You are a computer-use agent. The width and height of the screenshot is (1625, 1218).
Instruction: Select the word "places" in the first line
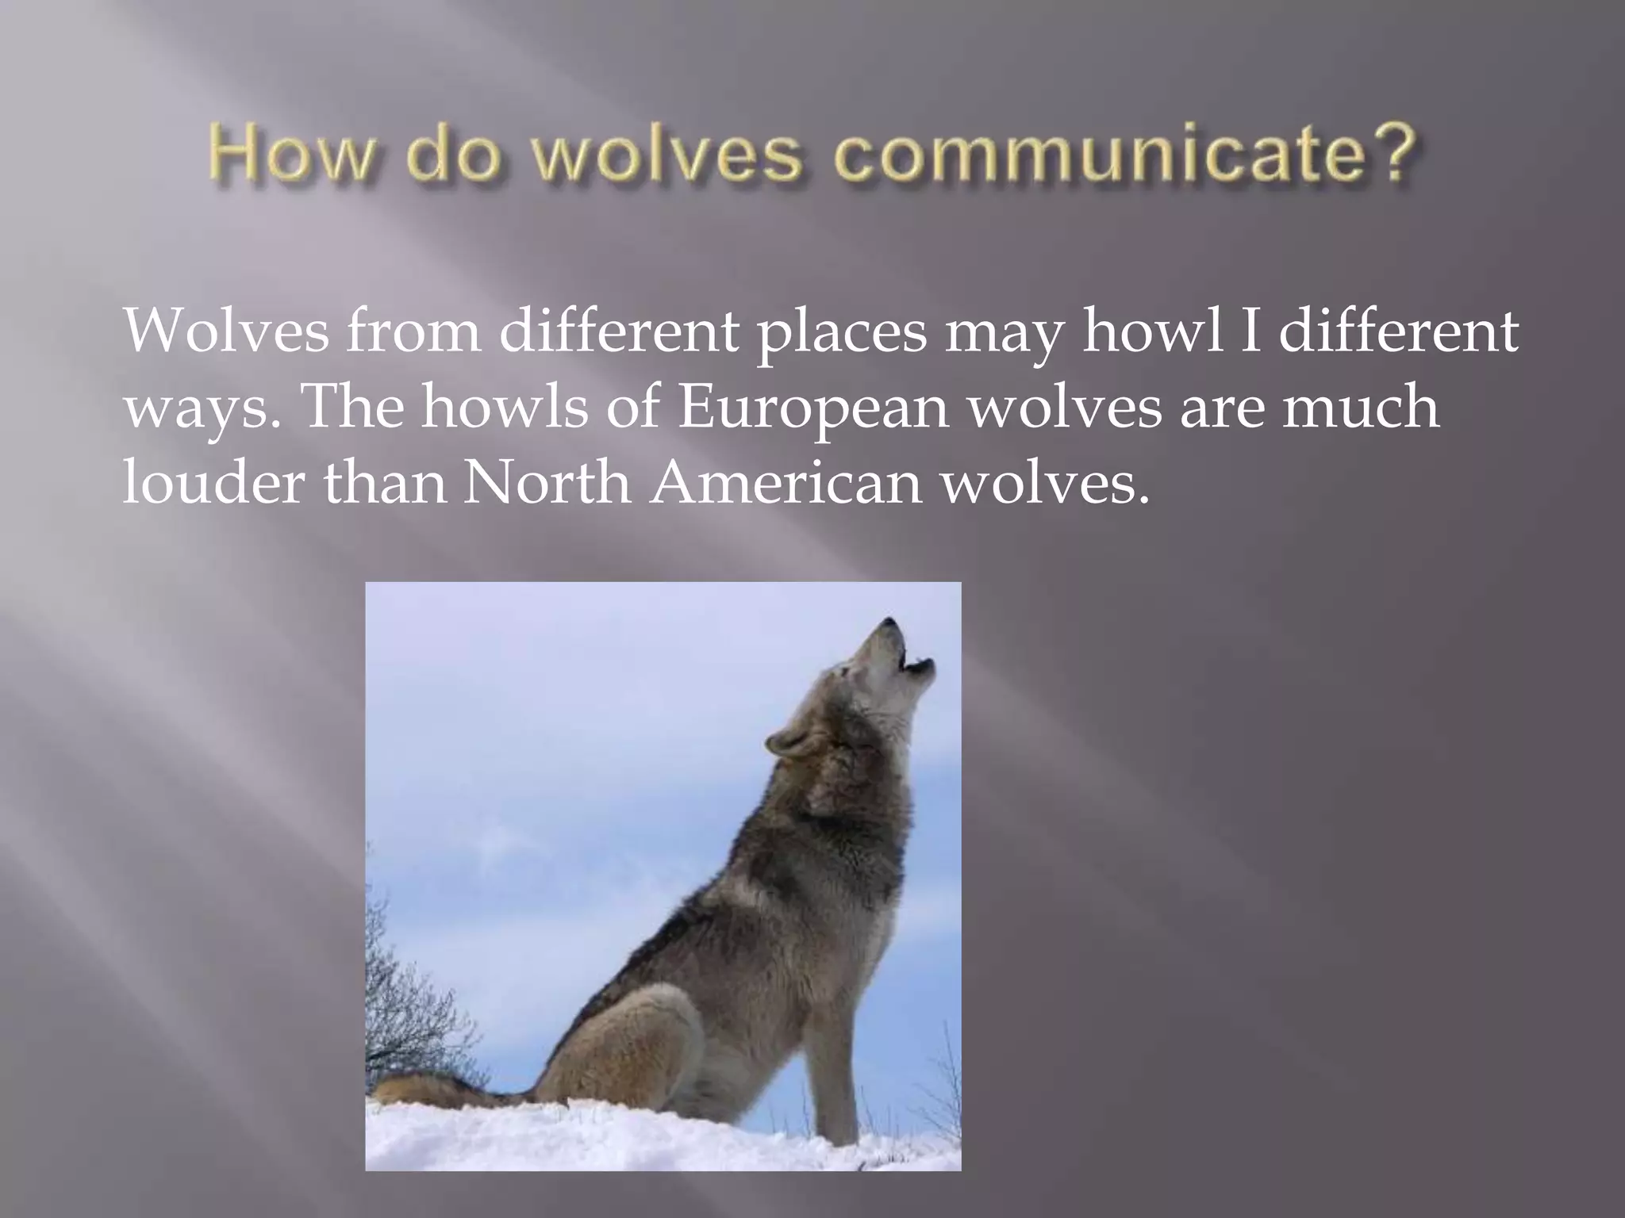[x=840, y=333]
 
